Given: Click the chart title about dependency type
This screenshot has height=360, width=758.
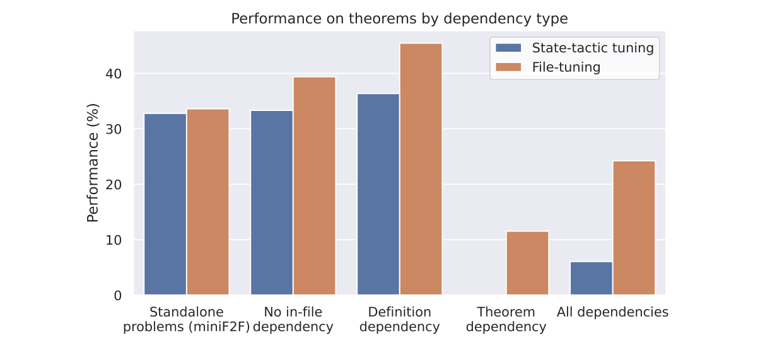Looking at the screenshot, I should coord(399,19).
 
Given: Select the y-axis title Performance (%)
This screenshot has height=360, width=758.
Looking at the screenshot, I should coord(93,163).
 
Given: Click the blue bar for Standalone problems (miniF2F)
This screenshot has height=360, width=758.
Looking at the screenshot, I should coord(165,204).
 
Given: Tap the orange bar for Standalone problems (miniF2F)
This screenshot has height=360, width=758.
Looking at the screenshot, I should coord(207,202).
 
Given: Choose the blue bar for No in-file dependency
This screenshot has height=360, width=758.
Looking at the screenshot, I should coord(271,202).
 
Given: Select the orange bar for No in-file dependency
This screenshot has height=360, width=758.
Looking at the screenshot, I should coord(314,186).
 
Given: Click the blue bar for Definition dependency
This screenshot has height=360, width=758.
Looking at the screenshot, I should coord(378,194).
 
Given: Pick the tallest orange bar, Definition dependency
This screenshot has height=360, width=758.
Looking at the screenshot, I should coord(421,169).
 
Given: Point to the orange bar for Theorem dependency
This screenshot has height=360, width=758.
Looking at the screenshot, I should coord(527,263).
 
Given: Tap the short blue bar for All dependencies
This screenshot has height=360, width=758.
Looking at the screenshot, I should coord(591,278).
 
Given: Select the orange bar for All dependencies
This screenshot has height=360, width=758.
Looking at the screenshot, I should coord(634,228).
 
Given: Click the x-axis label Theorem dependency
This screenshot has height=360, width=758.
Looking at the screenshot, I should coord(506,320).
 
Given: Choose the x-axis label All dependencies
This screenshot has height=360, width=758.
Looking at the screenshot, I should coord(612,312).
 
